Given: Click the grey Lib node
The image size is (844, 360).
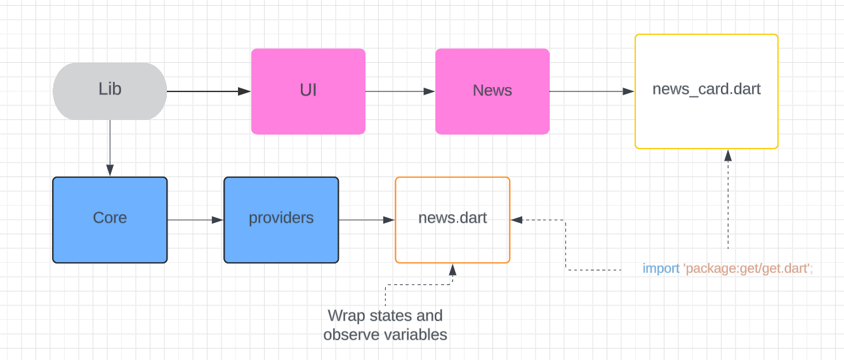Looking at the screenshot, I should pyautogui.click(x=110, y=91).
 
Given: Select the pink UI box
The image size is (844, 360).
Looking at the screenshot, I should pyautogui.click(x=308, y=91).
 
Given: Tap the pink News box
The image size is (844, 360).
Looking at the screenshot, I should pyautogui.click(x=492, y=91).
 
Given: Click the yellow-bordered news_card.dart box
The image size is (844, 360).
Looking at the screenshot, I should pyautogui.click(x=706, y=91).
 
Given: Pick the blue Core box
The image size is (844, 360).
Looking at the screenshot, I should pyautogui.click(x=110, y=220).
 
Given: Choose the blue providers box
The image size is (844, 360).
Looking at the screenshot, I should pyautogui.click(x=281, y=220).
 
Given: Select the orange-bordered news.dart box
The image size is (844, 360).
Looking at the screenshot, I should pyautogui.click(x=452, y=220).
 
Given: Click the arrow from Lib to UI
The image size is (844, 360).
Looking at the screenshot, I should pyautogui.click(x=209, y=91).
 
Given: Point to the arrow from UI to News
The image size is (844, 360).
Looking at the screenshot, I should pyautogui.click(x=400, y=91).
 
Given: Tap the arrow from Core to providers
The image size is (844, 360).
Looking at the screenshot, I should pyautogui.click(x=195, y=220).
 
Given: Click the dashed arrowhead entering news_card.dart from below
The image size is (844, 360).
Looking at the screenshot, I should pyautogui.click(x=728, y=156).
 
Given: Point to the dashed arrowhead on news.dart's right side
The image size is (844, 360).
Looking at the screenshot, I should pyautogui.click(x=517, y=220).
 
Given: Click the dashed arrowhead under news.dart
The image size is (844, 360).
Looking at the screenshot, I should pyautogui.click(x=452, y=269).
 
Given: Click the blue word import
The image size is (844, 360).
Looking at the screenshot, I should pyautogui.click(x=661, y=269).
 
